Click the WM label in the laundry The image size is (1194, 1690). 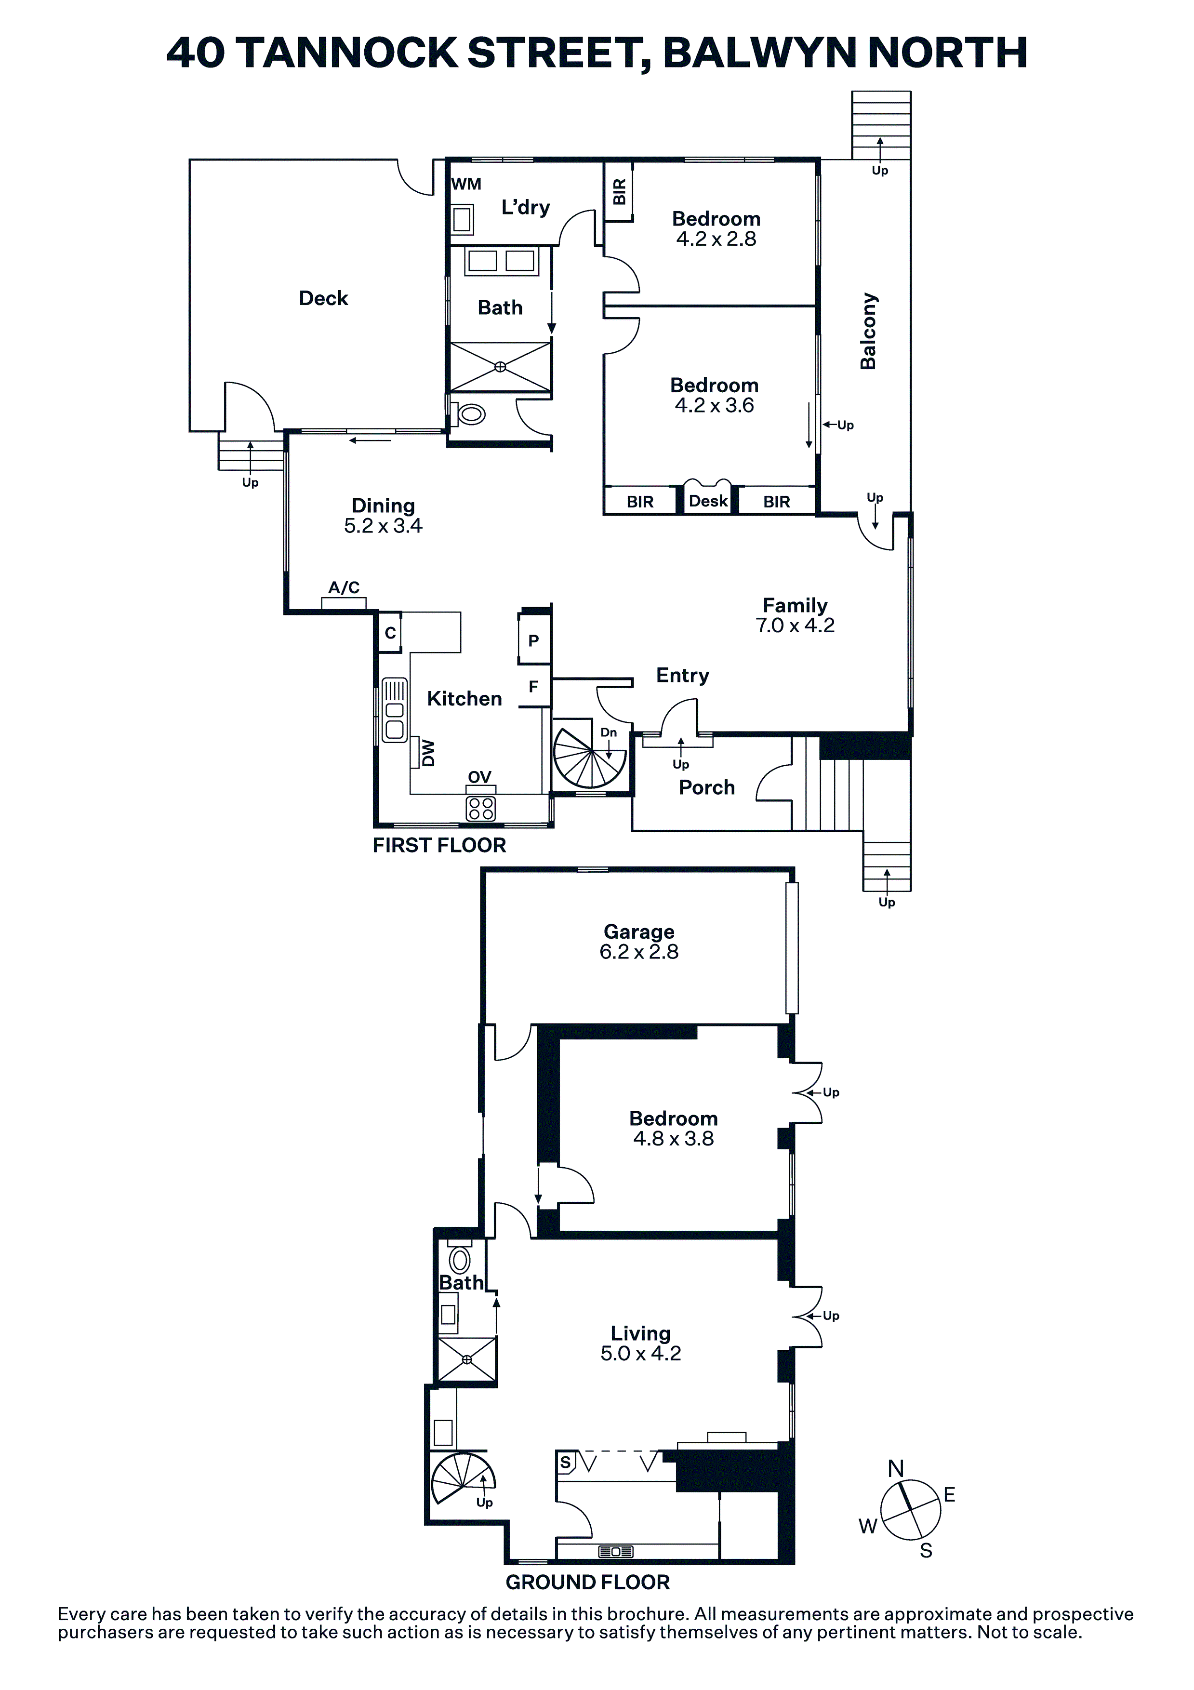tap(466, 184)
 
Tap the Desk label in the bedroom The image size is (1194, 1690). tap(708, 501)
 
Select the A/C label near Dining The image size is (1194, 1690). tap(344, 587)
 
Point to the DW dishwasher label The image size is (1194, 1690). tap(428, 753)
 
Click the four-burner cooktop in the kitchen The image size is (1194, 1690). tap(481, 808)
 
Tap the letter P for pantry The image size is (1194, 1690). tap(534, 640)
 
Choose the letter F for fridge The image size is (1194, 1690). tap(534, 687)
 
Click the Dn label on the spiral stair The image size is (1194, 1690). tap(609, 732)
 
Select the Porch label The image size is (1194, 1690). tap(707, 787)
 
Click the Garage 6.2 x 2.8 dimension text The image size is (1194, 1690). tap(639, 952)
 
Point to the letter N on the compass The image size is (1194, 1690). tap(896, 1468)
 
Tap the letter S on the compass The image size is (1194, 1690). tap(926, 1550)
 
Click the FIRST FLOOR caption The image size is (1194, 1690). tap(439, 845)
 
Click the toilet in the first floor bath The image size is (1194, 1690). tap(468, 414)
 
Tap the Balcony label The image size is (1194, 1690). tap(869, 331)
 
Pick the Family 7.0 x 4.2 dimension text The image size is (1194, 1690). tap(795, 625)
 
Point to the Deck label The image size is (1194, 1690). tap(323, 298)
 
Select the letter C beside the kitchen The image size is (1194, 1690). tap(390, 633)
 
